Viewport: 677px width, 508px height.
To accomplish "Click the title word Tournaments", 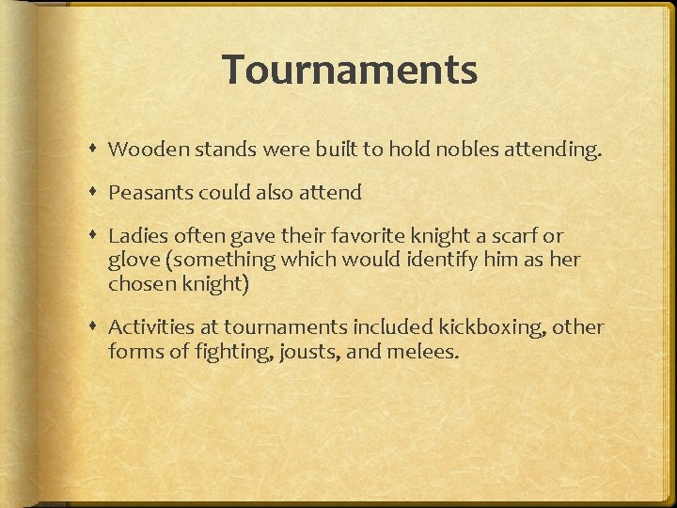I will (x=350, y=70).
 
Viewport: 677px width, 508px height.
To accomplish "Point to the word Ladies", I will (x=134, y=236).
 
